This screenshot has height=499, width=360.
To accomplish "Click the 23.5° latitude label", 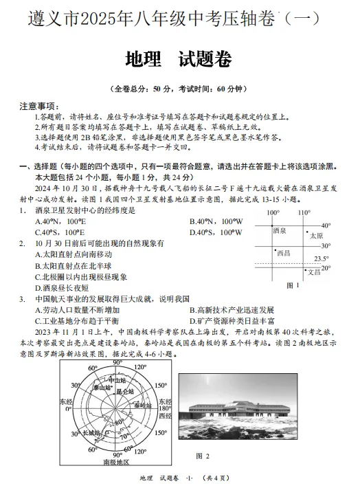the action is tap(322, 258).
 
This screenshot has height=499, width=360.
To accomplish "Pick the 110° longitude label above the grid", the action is tap(304, 213).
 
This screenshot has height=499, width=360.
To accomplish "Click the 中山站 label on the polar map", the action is tap(109, 379).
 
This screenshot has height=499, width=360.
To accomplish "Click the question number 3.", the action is tap(22, 300).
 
